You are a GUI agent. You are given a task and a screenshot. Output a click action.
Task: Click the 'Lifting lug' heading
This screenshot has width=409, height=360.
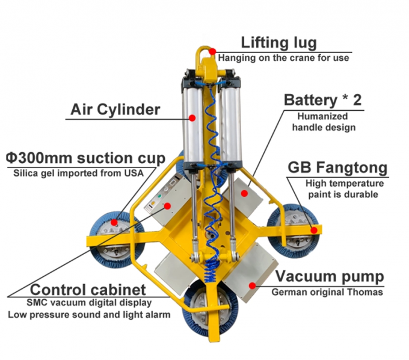(x=278, y=43)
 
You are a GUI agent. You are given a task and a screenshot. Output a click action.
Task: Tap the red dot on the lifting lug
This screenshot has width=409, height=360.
(x=213, y=53)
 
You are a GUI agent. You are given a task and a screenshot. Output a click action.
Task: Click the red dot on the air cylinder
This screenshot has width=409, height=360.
(x=192, y=118)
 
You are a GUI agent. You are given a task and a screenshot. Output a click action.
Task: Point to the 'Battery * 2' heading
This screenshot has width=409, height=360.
(x=323, y=100)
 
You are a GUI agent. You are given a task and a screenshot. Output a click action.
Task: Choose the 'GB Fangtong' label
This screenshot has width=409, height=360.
(x=337, y=167)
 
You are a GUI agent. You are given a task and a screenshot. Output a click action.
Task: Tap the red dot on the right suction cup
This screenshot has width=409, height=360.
(x=313, y=229)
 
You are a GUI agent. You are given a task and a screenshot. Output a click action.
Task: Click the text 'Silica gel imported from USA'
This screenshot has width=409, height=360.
(x=78, y=173)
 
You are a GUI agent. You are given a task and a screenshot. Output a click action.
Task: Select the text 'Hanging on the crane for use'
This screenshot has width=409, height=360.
(x=283, y=58)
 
